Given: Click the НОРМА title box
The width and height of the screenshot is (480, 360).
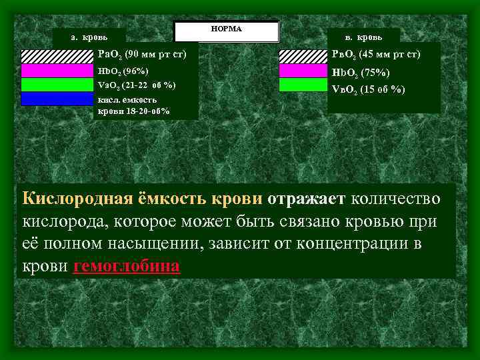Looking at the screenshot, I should point(225,31).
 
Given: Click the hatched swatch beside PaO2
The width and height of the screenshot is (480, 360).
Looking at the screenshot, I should point(57,56).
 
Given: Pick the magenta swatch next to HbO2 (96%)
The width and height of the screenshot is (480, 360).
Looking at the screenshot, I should point(57,70).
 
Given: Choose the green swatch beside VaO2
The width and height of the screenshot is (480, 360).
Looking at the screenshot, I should point(57,85).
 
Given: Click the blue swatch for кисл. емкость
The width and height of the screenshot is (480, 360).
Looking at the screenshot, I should point(57,99).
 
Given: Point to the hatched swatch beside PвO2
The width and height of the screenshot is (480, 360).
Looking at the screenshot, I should point(304,56).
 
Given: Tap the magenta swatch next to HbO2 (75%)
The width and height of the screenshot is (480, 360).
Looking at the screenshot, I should point(304,71).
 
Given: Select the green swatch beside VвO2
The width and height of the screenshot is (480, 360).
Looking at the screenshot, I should point(304,85).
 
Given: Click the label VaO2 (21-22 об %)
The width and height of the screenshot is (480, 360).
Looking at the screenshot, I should point(137,85).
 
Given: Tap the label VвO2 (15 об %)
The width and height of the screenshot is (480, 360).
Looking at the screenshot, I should point(368,89).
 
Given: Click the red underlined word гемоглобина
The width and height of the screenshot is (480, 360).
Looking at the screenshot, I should point(127,266).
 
